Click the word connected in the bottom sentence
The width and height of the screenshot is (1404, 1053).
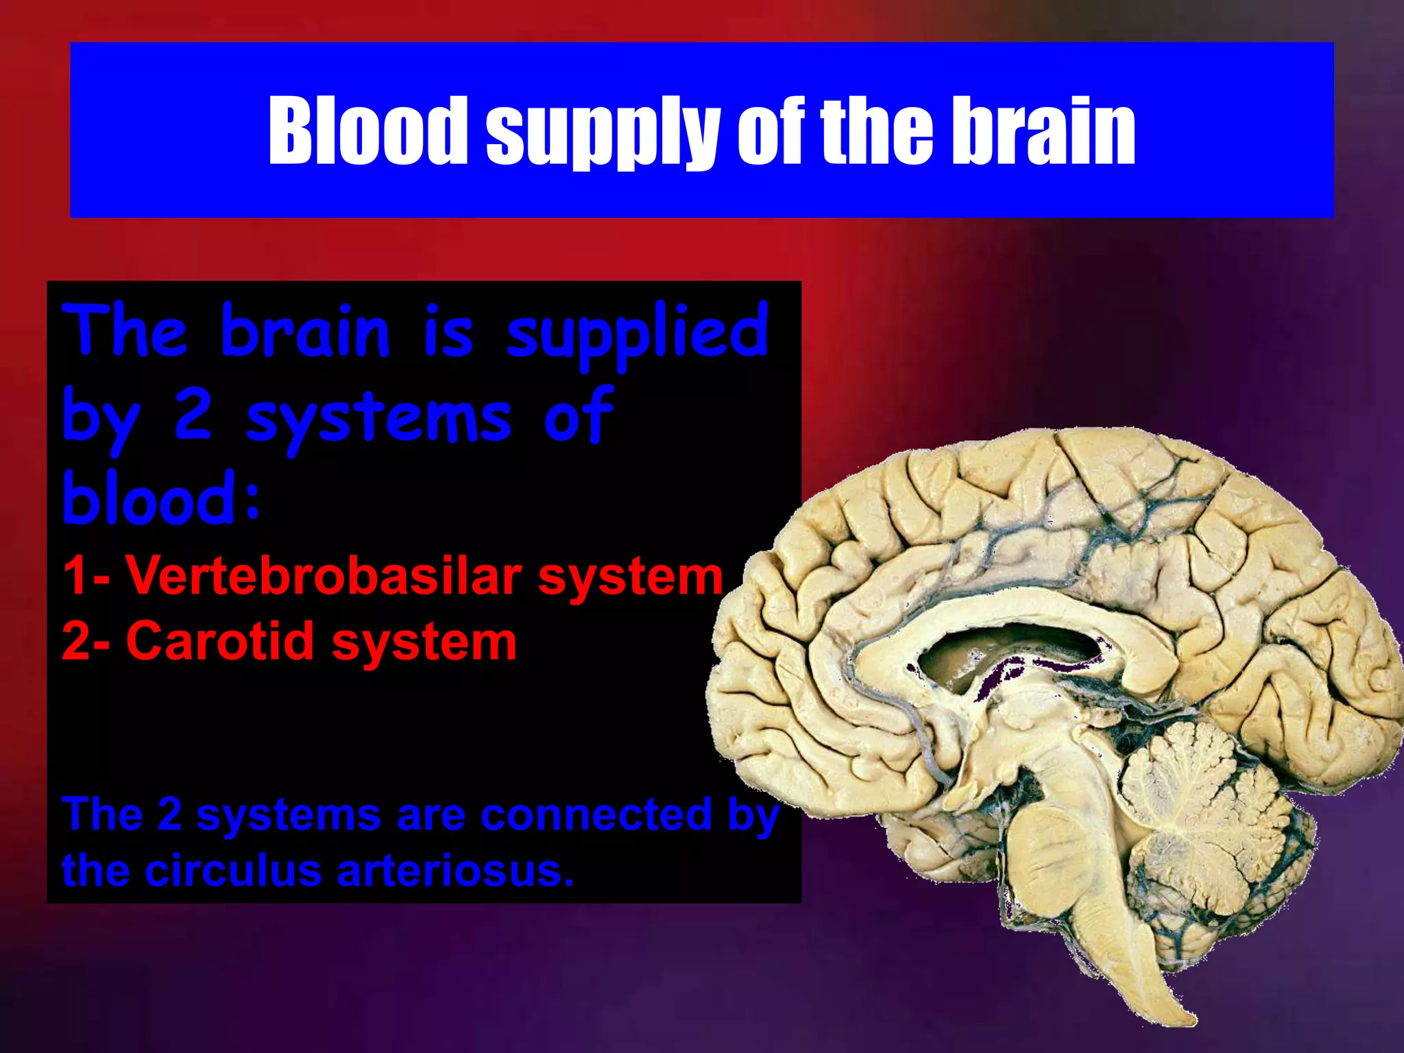[596, 815]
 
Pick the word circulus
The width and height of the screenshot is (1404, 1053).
[233, 871]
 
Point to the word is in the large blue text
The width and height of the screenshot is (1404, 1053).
[448, 332]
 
